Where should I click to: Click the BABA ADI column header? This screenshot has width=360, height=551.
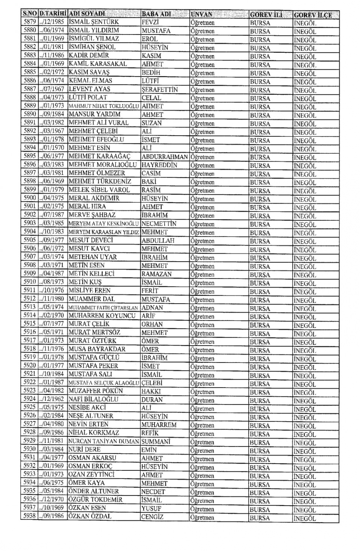pyautogui.click(x=156, y=14)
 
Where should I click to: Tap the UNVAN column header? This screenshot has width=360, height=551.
pyautogui.click(x=201, y=15)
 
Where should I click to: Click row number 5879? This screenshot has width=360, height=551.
pyautogui.click(x=29, y=22)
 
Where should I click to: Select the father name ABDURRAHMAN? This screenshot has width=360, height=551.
pyautogui.click(x=164, y=157)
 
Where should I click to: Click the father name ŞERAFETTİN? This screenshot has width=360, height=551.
pyautogui.click(x=159, y=90)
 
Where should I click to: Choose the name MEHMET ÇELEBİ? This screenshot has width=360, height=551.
pyautogui.click(x=93, y=131)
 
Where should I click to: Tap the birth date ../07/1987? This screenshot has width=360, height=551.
pyautogui.click(x=52, y=215)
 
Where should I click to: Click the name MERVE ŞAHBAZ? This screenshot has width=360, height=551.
pyautogui.click(x=92, y=215)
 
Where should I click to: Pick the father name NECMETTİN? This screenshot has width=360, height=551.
pyautogui.click(x=159, y=224)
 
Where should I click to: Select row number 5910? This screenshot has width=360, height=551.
pyautogui.click(x=29, y=282)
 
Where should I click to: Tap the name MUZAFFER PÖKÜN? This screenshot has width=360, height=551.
pyautogui.click(x=96, y=391)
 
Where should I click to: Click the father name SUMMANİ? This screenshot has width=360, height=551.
pyautogui.click(x=157, y=442)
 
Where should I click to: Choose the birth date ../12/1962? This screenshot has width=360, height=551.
pyautogui.click(x=52, y=399)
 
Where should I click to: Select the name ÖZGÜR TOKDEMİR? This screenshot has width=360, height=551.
pyautogui.click(x=95, y=500)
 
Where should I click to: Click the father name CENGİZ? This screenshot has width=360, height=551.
pyautogui.click(x=152, y=517)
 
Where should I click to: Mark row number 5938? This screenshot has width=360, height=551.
pyautogui.click(x=29, y=516)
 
